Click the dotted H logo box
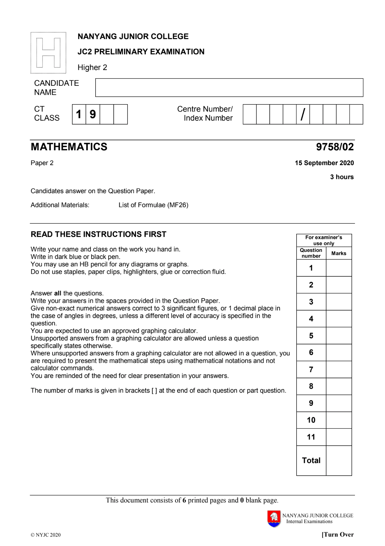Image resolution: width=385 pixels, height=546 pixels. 48,53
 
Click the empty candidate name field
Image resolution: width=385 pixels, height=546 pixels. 229,87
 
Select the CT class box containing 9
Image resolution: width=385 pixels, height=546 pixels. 93,114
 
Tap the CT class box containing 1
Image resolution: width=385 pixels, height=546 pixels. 79,114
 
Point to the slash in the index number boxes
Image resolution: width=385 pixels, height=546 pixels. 303,114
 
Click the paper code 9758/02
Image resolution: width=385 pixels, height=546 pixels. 335,147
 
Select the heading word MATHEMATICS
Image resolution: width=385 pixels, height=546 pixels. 69,147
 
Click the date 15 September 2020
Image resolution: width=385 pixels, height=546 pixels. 324,163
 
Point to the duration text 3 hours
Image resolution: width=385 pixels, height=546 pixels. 342,177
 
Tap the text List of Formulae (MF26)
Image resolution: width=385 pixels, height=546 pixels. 153,205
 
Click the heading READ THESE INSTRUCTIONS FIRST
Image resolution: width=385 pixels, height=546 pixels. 99,234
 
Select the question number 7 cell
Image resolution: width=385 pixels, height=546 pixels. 311,369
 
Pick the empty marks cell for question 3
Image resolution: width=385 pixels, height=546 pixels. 338,302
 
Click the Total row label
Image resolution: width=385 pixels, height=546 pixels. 311,460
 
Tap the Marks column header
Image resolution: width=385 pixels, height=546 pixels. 338,253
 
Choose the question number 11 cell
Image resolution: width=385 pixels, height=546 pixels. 311,437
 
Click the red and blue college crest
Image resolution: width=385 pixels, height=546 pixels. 274,519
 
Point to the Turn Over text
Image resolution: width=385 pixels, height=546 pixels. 338,534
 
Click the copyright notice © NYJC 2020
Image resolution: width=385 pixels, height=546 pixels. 46,535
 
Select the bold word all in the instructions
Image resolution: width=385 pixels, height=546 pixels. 57,293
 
